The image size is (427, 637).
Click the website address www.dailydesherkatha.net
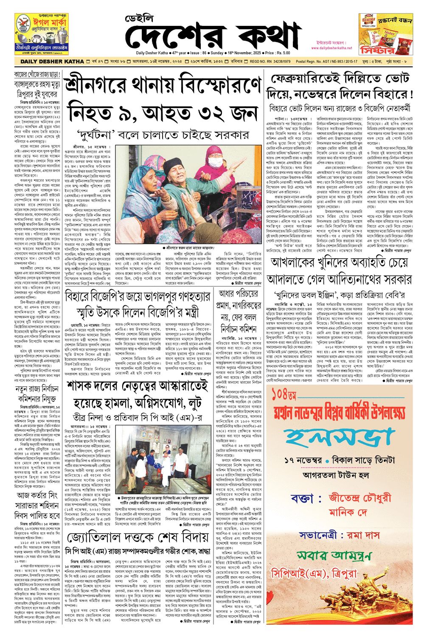tap(332, 48)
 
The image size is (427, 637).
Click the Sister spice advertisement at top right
tap(385, 34)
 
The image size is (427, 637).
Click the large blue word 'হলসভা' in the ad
tap(339, 438)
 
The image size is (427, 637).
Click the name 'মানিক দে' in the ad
tap(347, 512)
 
